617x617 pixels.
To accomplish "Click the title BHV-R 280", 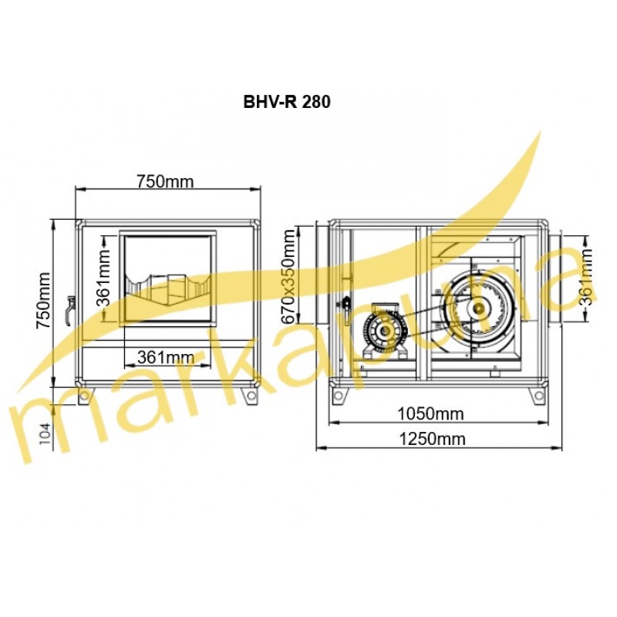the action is click(x=287, y=102).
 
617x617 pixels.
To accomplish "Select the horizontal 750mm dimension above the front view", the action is click(x=165, y=182).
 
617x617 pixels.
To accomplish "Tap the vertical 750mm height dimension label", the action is click(x=43, y=300).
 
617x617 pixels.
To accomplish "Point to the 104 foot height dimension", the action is click(x=46, y=433).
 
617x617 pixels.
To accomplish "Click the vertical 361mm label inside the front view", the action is click(x=104, y=278).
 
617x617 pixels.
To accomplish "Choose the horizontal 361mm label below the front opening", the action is click(x=166, y=357).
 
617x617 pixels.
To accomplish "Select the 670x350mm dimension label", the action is click(x=288, y=277).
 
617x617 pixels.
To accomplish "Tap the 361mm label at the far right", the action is click(x=586, y=277).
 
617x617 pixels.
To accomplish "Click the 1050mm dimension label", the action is click(x=430, y=414).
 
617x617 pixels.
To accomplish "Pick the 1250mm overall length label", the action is click(x=432, y=439).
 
